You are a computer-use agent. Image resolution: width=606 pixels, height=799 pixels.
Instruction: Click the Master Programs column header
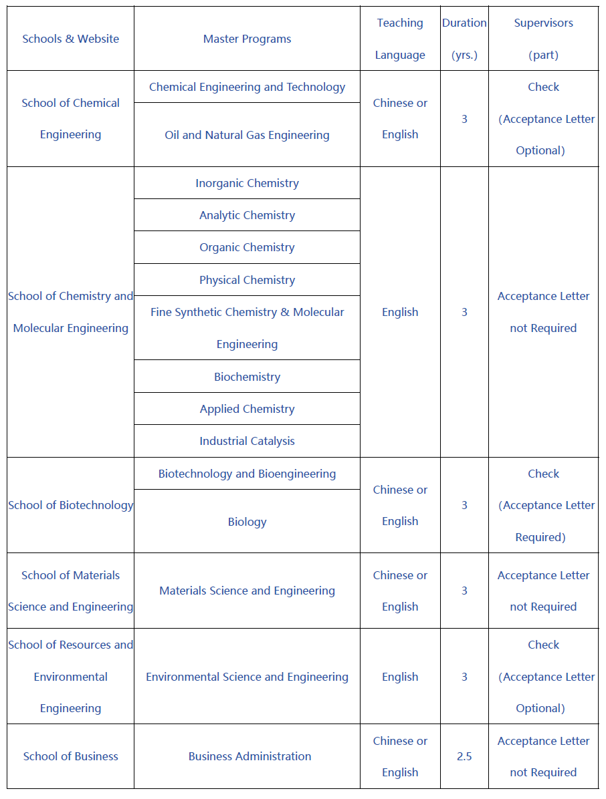pyautogui.click(x=247, y=39)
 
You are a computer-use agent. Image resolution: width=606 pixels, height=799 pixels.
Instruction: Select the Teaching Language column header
pyautogui.click(x=400, y=39)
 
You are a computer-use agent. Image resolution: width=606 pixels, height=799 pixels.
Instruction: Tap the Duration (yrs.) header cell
pyautogui.click(x=464, y=39)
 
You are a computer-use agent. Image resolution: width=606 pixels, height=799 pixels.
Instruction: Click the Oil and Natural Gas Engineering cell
pyautogui.click(x=247, y=135)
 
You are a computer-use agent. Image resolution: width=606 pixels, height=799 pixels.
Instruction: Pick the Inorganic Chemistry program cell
pyautogui.click(x=247, y=183)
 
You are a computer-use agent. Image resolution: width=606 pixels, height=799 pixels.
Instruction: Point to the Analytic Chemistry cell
pyautogui.click(x=247, y=215)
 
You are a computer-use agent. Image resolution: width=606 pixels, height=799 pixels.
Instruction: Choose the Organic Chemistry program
pyautogui.click(x=247, y=247)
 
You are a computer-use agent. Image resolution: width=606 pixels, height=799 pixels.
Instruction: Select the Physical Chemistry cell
pyautogui.click(x=247, y=280)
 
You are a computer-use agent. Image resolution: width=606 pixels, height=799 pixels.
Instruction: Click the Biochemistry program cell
pyautogui.click(x=247, y=377)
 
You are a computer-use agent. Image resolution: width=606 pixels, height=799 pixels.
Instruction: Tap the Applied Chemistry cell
pyautogui.click(x=247, y=409)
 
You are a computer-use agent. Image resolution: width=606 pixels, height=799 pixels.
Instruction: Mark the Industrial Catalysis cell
pyautogui.click(x=247, y=441)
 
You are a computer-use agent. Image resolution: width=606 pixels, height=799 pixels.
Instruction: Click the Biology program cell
pyautogui.click(x=247, y=522)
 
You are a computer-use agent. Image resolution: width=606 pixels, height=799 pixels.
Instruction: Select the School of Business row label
pyautogui.click(x=70, y=756)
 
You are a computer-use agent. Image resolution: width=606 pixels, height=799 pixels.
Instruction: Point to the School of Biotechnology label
pyautogui.click(x=70, y=505)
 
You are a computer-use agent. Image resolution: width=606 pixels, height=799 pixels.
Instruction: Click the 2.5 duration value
pyautogui.click(x=464, y=756)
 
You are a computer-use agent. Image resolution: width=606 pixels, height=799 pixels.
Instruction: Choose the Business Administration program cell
pyautogui.click(x=249, y=756)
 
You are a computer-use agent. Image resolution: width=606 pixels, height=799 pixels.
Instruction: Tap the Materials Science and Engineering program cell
pyautogui.click(x=247, y=591)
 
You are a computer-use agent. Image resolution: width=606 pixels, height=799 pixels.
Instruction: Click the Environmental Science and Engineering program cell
pyautogui.click(x=247, y=677)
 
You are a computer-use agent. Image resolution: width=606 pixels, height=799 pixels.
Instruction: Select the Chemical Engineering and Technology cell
pyautogui.click(x=247, y=87)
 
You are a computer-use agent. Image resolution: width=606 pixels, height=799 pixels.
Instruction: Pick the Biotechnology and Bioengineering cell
pyautogui.click(x=247, y=474)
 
